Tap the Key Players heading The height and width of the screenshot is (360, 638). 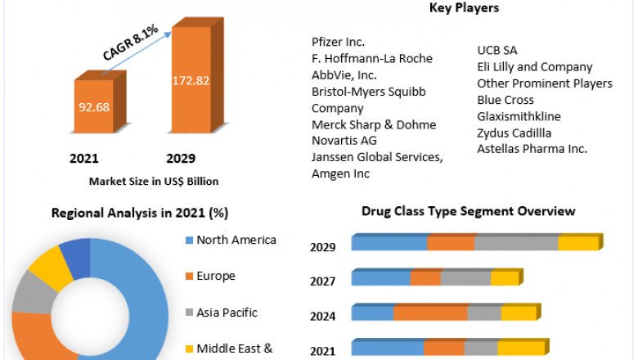point(464,8)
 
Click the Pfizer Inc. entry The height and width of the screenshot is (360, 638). point(339,42)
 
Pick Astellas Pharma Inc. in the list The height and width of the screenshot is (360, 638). point(532,149)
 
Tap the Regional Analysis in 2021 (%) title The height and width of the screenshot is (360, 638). point(140,213)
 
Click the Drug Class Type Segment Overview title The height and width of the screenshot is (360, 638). point(469,211)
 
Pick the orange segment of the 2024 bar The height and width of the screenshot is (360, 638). point(430,313)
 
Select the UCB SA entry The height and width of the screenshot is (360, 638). point(497,51)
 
